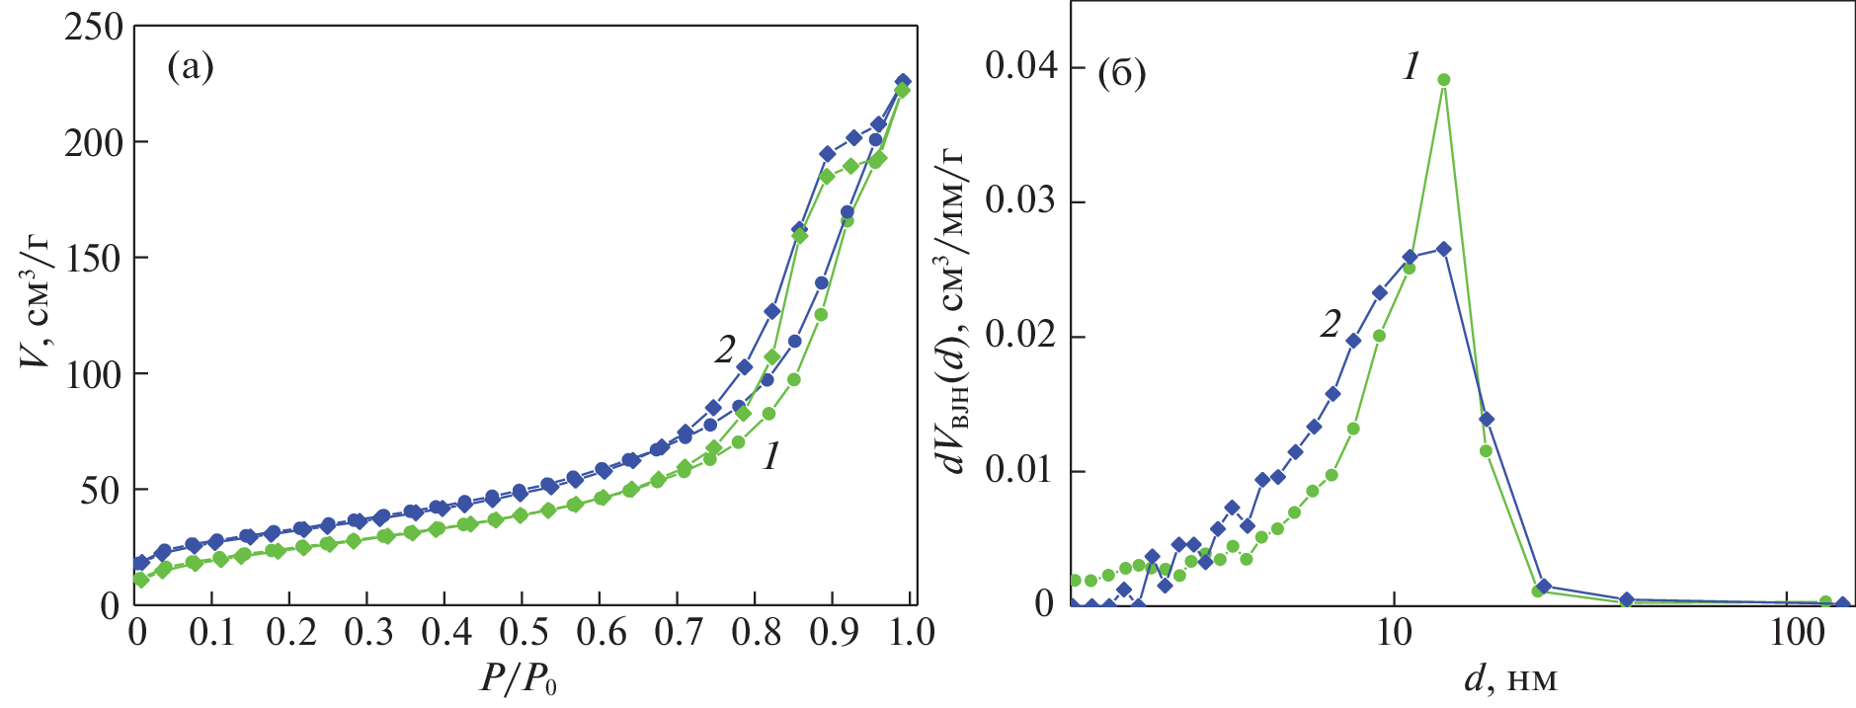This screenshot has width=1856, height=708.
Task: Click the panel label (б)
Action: pos(1121,73)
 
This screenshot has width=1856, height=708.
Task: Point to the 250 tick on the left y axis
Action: pos(94,28)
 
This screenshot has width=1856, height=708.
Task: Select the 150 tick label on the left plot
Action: pos(94,259)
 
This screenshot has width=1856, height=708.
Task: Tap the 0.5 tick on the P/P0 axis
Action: pos(522,633)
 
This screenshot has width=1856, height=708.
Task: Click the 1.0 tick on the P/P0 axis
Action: pos(909,633)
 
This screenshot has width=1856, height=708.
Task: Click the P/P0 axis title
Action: pos(518,678)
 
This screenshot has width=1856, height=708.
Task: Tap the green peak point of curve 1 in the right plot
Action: pos(1443,80)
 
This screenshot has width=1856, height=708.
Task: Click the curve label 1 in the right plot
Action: pos(1412,67)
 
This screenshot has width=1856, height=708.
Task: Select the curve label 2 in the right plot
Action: pos(1331,323)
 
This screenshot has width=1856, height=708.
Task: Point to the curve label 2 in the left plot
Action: pos(726,349)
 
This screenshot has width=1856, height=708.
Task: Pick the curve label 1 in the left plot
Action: pos(771,455)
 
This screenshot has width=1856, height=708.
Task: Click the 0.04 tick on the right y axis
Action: pos(1020,67)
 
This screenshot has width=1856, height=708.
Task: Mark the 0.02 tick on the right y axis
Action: pos(1020,337)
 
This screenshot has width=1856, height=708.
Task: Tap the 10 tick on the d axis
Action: pos(1394,633)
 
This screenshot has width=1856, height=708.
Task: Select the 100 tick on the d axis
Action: pos(1797,633)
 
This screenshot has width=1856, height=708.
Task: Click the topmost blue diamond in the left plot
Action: pos(902,81)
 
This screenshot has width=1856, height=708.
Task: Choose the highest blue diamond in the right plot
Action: pos(1443,249)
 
